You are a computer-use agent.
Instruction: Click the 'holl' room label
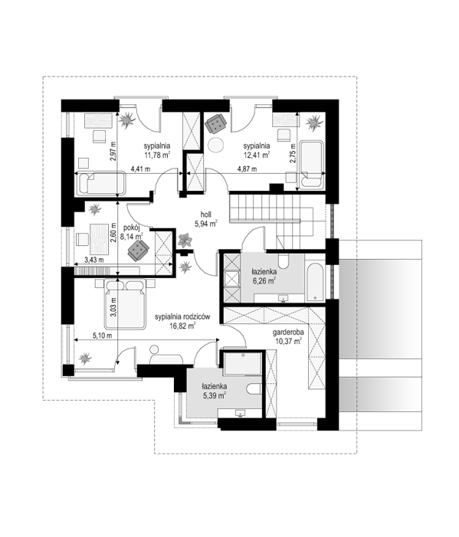point(206,214)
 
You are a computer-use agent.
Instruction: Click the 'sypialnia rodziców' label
point(182,317)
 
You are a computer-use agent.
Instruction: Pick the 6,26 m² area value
point(264,281)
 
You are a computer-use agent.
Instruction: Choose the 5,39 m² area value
point(214,395)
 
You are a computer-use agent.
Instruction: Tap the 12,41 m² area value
point(256,156)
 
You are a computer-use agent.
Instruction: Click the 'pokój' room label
point(130,228)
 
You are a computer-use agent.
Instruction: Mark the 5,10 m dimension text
point(102,336)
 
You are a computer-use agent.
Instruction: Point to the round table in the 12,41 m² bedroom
point(216,145)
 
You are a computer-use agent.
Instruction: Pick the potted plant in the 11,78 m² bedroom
point(127,120)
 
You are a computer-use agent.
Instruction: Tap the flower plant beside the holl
point(185,240)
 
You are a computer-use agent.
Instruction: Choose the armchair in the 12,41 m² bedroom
point(216,123)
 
